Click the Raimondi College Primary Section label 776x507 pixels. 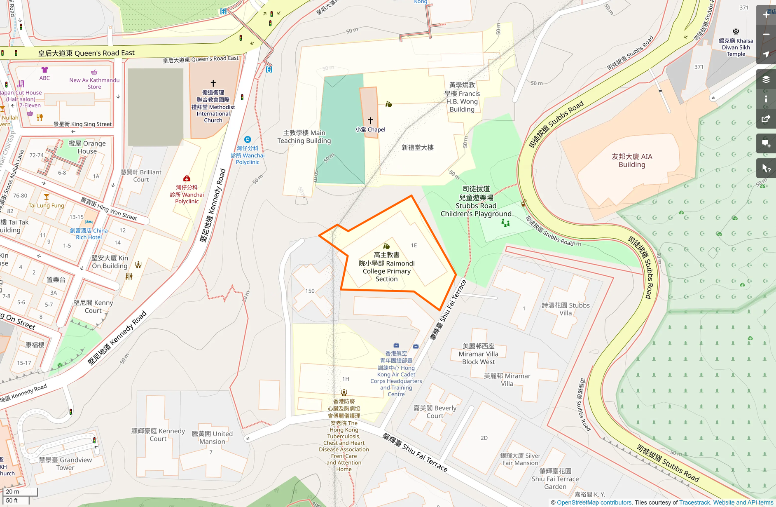386,267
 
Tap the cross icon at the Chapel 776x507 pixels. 370,120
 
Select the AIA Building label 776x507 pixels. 632,160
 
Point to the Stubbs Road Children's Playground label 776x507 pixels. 476,202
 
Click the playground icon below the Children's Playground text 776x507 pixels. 505,223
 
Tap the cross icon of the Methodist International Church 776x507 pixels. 213,83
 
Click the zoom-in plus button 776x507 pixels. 766,15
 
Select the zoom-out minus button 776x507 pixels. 766,35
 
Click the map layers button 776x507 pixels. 766,79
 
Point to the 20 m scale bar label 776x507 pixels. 12,491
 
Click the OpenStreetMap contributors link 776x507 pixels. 594,502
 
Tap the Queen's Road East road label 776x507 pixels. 86,53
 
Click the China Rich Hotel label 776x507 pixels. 89,234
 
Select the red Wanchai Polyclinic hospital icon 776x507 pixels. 187,178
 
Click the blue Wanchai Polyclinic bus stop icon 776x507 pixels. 248,139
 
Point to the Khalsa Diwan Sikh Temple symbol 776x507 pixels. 736,31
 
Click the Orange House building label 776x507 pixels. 87,147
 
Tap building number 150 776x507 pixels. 310,291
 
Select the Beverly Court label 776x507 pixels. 435,412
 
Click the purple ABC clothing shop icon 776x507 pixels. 44,70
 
